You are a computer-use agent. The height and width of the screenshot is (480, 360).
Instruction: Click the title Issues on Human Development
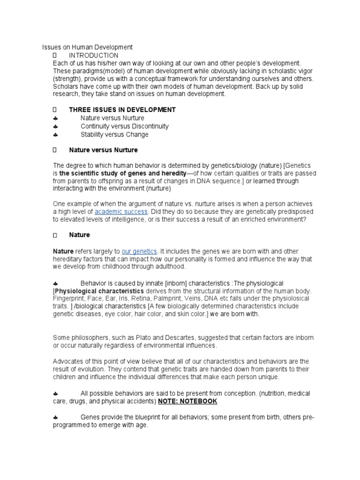tap(88, 47)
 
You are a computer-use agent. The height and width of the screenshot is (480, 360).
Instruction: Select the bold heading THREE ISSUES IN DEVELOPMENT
tap(122, 110)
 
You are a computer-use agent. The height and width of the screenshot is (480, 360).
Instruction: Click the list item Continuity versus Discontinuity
tap(125, 127)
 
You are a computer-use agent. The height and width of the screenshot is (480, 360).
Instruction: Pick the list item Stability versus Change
tap(114, 135)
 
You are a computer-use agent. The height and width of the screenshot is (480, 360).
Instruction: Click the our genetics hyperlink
tap(139, 251)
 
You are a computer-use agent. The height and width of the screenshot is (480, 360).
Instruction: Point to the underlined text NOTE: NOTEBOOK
tap(188, 401)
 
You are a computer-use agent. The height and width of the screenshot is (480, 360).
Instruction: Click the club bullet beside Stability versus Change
tap(55, 135)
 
